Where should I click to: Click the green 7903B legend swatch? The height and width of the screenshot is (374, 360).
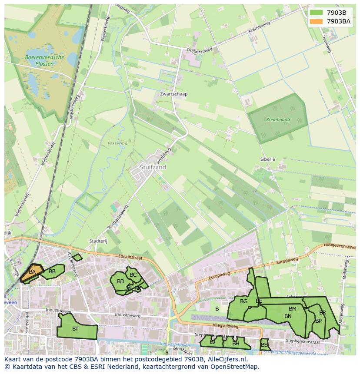coord(316,13)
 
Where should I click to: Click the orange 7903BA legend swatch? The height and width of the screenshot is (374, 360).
coord(316,21)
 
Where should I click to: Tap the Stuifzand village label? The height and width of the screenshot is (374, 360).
coord(153,167)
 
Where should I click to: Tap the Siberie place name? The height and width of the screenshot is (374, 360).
coord(267,159)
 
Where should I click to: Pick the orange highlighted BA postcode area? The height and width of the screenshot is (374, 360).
coord(32,272)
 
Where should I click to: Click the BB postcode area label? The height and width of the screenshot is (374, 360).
coord(52,272)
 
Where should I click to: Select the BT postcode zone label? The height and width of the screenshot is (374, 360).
coord(75,329)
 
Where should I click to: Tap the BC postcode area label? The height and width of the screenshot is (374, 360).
coord(133,275)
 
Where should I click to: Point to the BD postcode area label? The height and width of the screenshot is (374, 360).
coord(120,281)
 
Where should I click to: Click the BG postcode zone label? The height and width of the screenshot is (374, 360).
coord(243,301)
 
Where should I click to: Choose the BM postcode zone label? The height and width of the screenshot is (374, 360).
coord(292,309)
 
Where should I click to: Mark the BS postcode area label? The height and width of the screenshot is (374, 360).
coord(264,345)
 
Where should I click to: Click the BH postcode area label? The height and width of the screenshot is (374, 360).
coord(236,344)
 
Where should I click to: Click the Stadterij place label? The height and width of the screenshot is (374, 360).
coord(98,241)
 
